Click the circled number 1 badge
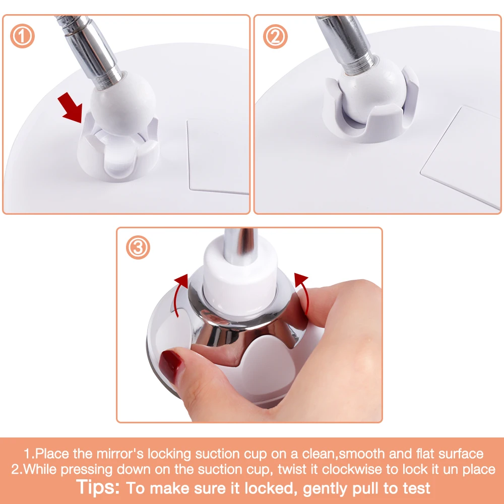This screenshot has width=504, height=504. (22, 36)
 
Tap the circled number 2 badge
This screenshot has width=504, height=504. (275, 36)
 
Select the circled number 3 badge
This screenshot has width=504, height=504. (138, 247)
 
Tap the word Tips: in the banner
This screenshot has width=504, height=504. (98, 487)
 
